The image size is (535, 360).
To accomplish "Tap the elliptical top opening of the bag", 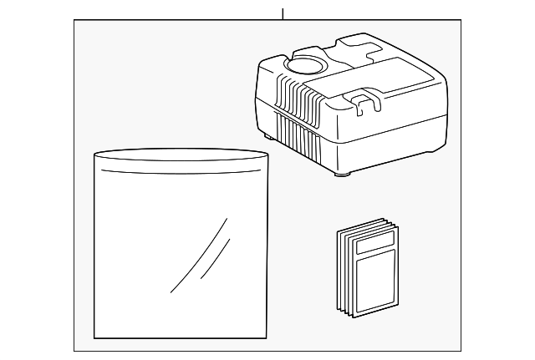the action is tap(180, 154).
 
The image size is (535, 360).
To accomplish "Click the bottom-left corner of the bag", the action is tap(94, 337).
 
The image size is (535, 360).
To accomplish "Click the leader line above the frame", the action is tap(283, 13).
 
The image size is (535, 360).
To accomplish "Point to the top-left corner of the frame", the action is tap(74, 20).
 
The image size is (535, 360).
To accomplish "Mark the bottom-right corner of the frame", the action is tap(460, 352).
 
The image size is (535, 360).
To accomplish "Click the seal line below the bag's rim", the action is tap(180, 170).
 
